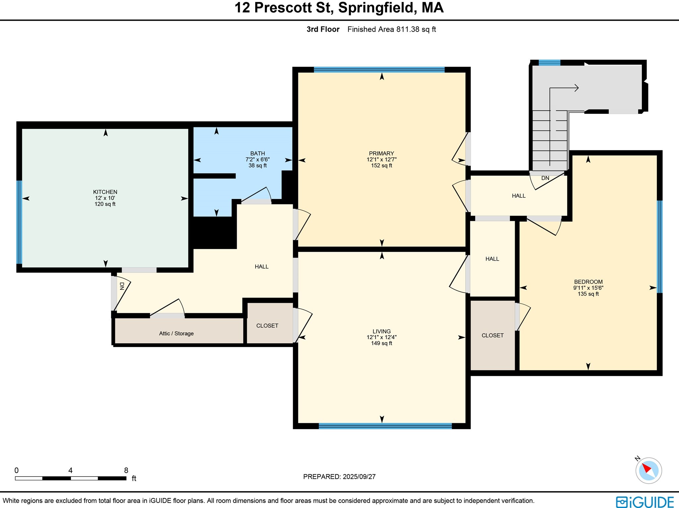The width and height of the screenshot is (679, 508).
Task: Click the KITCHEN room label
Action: (x=105, y=192)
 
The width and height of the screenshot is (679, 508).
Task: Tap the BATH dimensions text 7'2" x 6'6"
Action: (x=258, y=159)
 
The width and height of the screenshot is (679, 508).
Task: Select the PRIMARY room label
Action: (x=382, y=153)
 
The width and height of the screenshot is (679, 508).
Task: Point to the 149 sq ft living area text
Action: (x=382, y=343)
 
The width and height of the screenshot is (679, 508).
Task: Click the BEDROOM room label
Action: (x=588, y=282)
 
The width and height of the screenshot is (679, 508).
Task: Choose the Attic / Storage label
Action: (x=176, y=333)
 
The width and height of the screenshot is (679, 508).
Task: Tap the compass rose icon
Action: (x=648, y=471)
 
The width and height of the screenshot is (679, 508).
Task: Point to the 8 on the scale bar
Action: (x=126, y=470)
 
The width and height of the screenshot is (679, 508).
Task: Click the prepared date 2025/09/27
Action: (x=359, y=477)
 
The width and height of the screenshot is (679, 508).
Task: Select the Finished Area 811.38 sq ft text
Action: (x=392, y=29)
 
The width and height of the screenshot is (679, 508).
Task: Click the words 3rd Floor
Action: (x=323, y=29)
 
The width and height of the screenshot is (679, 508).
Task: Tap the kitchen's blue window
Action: (x=19, y=222)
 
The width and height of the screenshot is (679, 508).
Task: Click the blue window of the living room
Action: (x=385, y=426)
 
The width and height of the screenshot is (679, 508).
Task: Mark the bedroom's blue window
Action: (x=660, y=247)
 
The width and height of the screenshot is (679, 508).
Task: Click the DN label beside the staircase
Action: (x=545, y=178)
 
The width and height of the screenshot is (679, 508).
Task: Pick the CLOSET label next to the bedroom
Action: (x=492, y=335)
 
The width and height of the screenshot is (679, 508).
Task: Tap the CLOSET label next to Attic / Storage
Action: (x=267, y=326)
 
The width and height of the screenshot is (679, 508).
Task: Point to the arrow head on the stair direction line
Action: (x=577, y=88)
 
